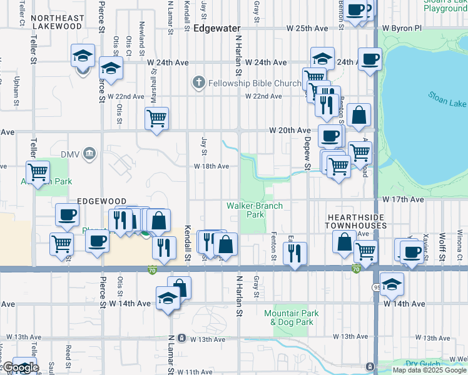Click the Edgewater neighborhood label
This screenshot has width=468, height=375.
(x=217, y=29)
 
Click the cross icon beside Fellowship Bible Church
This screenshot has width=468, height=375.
(x=199, y=82)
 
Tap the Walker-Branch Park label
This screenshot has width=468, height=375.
(x=255, y=209)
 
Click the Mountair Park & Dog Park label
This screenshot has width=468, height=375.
(x=292, y=317)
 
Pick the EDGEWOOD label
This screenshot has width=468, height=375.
(x=101, y=201)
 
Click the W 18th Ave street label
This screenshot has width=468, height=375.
(x=211, y=167)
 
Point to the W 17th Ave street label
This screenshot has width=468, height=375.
(x=404, y=199)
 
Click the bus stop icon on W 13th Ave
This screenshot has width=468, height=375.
(x=181, y=338)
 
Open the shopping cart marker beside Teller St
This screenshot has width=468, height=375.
(x=38, y=172)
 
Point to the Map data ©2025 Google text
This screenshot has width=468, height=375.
(x=429, y=370)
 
